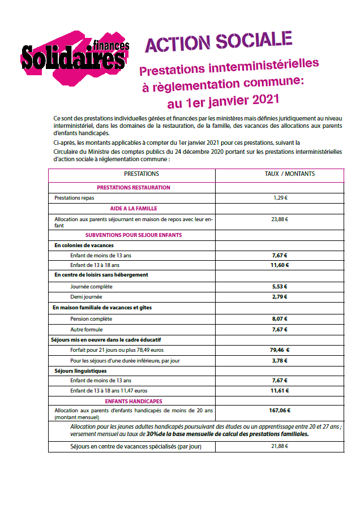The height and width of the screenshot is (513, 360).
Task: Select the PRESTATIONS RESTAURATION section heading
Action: (x=134, y=187)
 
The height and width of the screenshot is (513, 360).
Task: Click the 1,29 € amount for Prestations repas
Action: (x=281, y=198)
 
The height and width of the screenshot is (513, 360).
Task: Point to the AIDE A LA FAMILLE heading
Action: (x=134, y=208)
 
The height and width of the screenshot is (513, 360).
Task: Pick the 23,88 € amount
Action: (x=280, y=219)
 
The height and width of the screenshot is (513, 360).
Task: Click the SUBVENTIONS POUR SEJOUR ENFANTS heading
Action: (x=134, y=235)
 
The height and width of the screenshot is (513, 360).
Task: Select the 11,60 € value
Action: (x=280, y=265)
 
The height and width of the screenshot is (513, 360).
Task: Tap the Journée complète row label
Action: (x=91, y=287)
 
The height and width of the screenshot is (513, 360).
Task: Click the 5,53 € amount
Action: (x=280, y=287)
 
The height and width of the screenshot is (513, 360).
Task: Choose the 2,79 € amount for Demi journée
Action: (x=280, y=296)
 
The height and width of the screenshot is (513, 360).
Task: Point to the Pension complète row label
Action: (x=91, y=318)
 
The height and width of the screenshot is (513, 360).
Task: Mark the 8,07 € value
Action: (x=280, y=318)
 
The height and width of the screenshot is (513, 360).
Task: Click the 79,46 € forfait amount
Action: (x=280, y=350)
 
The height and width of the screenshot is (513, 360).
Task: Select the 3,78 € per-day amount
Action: (x=280, y=360)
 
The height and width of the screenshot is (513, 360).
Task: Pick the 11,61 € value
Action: (x=280, y=391)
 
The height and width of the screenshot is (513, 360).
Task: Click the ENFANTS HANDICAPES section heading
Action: (x=134, y=400)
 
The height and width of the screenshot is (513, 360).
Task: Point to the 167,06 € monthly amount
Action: (x=280, y=411)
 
